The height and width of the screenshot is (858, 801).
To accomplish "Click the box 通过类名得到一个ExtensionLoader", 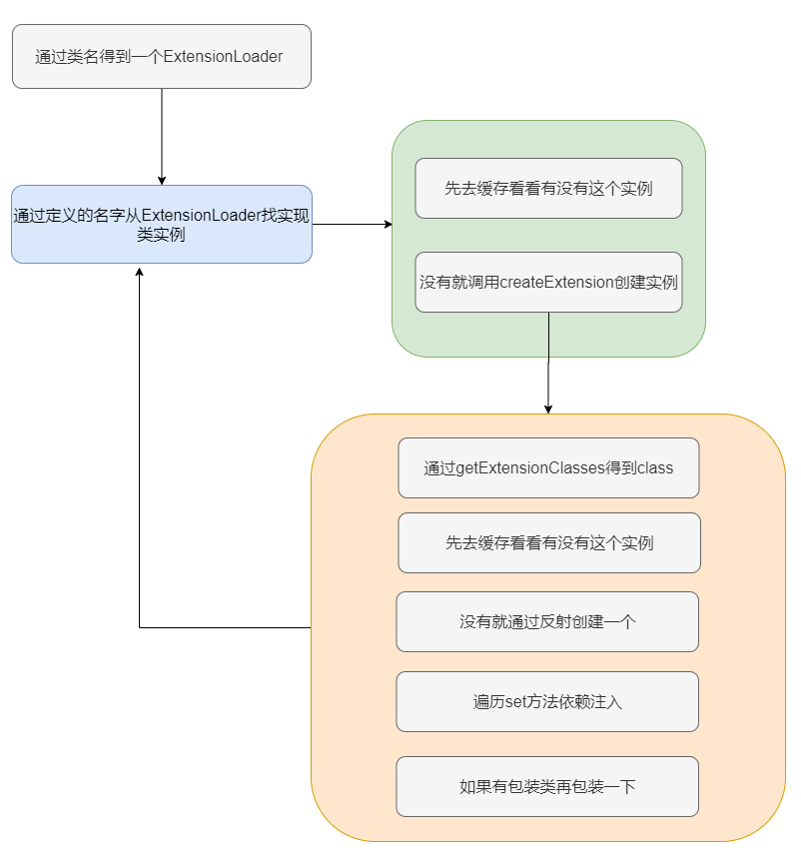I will (x=161, y=57).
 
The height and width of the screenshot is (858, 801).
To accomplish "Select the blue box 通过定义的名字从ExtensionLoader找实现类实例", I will (x=161, y=224).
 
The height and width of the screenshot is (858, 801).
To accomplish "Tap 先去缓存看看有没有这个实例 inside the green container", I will (x=548, y=188).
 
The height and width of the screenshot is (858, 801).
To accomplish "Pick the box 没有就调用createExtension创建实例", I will (x=548, y=282).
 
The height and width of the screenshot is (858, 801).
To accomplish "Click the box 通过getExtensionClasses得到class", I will (x=548, y=467).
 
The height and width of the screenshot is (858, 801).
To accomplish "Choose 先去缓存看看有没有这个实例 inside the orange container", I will (x=548, y=543).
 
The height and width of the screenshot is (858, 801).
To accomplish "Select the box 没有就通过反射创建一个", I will (x=547, y=621).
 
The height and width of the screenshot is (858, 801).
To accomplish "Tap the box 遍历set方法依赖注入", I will (x=547, y=701).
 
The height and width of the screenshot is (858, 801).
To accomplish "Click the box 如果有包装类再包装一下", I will (x=547, y=786).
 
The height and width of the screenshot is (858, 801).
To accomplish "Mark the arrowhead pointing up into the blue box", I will (x=140, y=271).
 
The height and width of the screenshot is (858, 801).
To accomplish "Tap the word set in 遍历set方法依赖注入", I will (x=514, y=701).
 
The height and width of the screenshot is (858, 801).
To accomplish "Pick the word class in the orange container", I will (x=654, y=467).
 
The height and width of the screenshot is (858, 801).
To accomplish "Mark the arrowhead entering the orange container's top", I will (x=548, y=408).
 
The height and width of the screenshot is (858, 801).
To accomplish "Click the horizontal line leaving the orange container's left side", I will (x=225, y=627).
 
